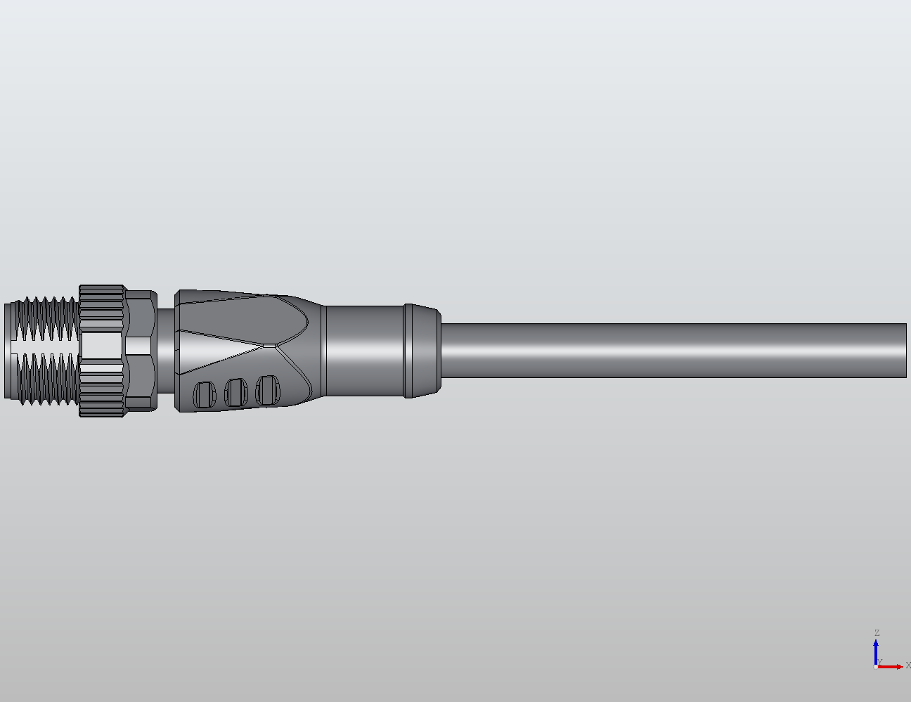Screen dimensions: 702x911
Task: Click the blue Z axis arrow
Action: pos(876,650)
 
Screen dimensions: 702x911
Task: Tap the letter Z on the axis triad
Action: pos(877,633)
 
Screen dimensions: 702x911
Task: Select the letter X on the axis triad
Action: pos(907,665)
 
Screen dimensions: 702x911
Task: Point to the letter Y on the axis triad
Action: pos(880,661)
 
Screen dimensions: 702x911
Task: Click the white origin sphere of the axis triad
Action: pos(875,666)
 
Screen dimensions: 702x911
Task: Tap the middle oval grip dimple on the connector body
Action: pos(235,391)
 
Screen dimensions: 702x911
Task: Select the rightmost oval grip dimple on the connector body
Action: pos(267,389)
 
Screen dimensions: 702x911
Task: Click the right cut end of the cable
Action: pos(905,351)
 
